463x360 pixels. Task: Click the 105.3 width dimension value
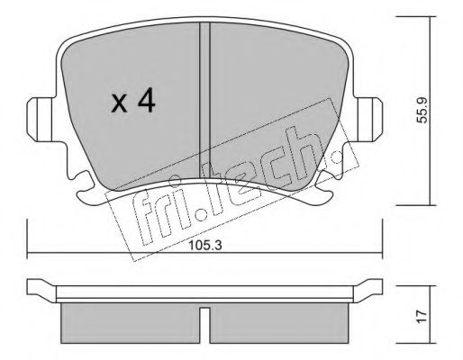[x=205, y=246]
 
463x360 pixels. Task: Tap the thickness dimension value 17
[x=422, y=317]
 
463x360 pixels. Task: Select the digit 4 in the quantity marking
[x=147, y=102]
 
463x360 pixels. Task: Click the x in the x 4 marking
[x=119, y=103]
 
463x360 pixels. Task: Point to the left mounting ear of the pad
[x=40, y=120]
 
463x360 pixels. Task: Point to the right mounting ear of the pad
[x=368, y=120]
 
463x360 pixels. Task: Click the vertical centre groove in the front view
[x=204, y=101]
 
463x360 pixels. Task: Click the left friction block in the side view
[x=131, y=323]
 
